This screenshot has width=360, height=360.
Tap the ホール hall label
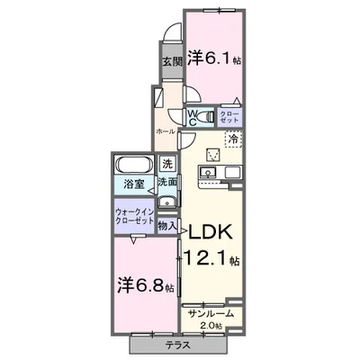[165, 131]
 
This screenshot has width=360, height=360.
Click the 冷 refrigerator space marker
[232, 139]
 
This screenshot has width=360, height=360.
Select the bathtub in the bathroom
[134, 166]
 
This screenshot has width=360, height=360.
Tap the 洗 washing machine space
[167, 164]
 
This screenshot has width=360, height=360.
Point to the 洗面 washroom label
[167, 182]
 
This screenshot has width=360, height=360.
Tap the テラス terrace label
[176, 345]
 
